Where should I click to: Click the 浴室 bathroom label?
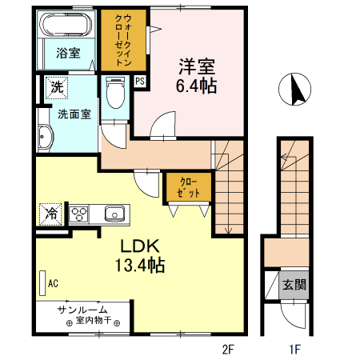67,53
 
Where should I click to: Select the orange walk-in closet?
123,39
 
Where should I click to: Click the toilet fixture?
115,94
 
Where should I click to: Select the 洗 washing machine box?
57,86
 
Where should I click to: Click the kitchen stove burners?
80,214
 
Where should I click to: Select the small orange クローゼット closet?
189,187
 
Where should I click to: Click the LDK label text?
138,246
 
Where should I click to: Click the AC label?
54,282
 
